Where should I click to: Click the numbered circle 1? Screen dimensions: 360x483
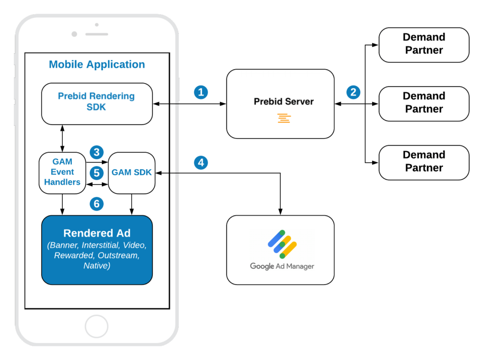(201, 92)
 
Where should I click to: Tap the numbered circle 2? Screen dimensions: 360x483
(353, 92)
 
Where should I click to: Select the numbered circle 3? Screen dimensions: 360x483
(97, 152)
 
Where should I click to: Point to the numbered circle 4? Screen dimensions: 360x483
(201, 163)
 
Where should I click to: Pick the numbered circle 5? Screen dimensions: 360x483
(97, 172)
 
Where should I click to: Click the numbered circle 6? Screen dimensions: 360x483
(97, 204)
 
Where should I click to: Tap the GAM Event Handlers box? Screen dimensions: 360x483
(62, 172)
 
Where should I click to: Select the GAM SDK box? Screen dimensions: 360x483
(132, 172)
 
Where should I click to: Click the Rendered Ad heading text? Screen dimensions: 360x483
(97, 233)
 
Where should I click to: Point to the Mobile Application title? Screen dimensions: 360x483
(97, 65)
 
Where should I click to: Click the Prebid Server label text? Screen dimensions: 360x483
(283, 101)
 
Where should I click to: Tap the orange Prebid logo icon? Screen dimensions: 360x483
(284, 118)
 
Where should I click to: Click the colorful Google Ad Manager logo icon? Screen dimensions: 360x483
(282, 244)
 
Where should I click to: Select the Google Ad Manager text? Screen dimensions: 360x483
(282, 266)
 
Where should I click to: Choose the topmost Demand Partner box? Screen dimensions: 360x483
(424, 44)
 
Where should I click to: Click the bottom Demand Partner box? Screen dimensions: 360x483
(424, 162)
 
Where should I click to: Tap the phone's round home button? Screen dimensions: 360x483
(97, 327)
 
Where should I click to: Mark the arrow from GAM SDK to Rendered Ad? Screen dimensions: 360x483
(132, 204)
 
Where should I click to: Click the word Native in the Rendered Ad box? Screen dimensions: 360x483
(97, 266)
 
